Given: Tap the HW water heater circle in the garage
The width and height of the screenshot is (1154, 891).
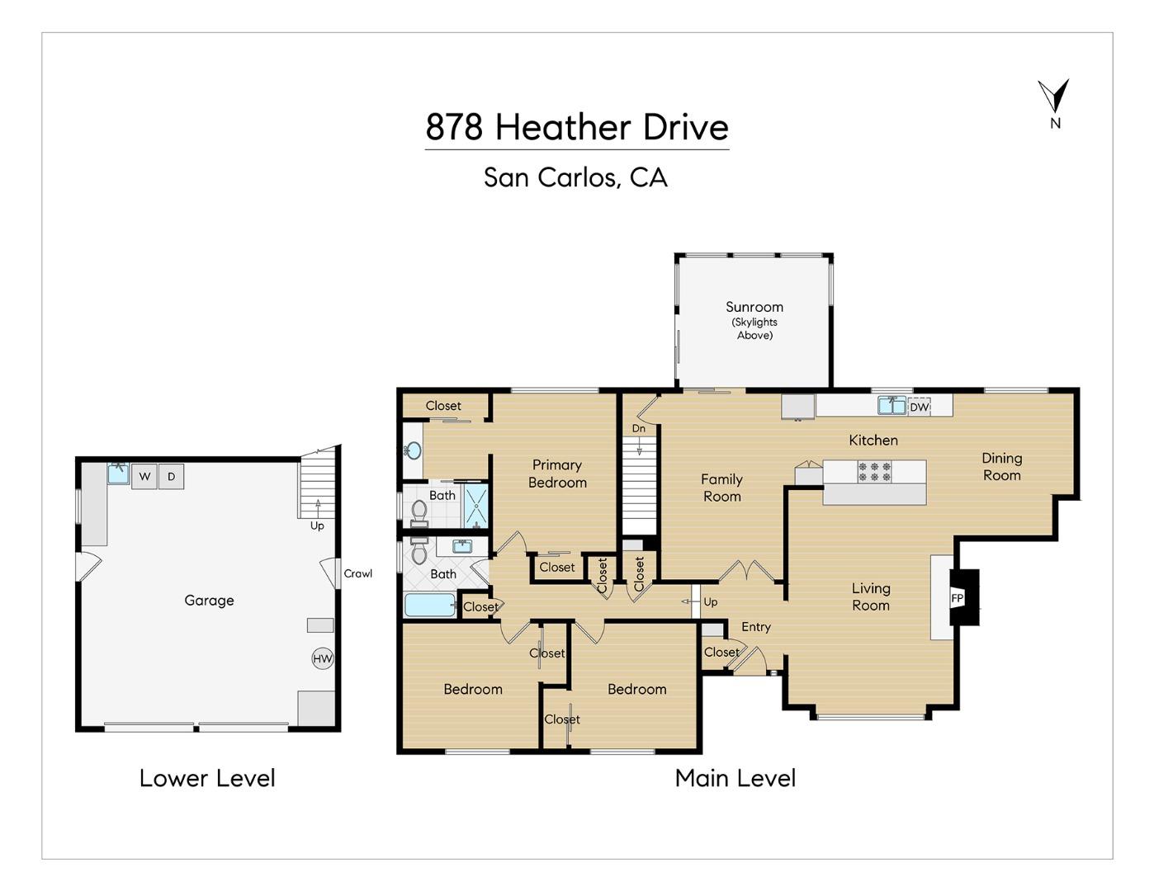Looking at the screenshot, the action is click(323, 658).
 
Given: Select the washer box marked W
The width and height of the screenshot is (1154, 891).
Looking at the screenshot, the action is click(144, 477).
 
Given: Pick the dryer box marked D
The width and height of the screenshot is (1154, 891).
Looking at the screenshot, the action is click(171, 477).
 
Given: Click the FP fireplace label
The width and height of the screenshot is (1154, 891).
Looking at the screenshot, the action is click(957, 599).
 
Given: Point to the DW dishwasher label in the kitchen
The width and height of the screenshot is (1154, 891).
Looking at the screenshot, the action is click(920, 407).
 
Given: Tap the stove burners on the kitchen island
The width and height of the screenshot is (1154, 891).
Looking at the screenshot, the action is click(874, 471).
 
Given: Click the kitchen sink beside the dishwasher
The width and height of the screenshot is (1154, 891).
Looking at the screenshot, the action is click(892, 405).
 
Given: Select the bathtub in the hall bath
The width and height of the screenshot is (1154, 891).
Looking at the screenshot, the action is click(429, 605).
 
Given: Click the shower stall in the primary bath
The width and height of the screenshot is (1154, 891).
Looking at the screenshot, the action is click(476, 506).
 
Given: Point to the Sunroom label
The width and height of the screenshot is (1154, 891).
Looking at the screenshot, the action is click(754, 307).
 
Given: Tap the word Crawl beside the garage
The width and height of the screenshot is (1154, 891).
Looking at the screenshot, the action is click(358, 573).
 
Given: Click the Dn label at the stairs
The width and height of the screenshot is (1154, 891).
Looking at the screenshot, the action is click(638, 428).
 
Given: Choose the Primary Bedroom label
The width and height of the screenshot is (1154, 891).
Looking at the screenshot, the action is click(557, 474).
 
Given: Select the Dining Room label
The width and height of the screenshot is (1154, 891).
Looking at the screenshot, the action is click(1001, 466).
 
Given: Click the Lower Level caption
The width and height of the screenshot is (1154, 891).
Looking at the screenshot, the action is click(207, 779).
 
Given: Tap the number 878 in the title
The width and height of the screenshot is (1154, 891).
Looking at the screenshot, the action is click(454, 127).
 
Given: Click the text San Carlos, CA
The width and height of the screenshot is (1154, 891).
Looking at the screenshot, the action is click(575, 177).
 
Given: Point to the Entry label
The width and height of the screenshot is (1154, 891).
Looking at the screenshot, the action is click(755, 627).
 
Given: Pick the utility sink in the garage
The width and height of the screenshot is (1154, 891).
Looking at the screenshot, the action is click(118, 473).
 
